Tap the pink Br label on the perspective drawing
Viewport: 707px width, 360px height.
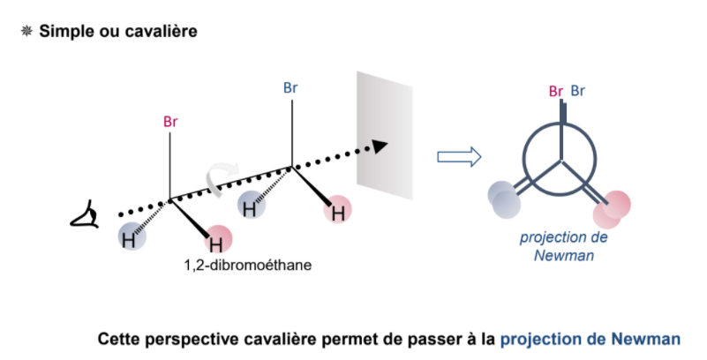click(x=170, y=121)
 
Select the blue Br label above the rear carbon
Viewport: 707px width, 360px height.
click(x=290, y=87)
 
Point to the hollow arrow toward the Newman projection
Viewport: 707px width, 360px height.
click(x=459, y=157)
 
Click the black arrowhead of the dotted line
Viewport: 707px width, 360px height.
click(x=380, y=146)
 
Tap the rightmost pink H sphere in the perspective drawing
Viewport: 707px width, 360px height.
click(x=336, y=211)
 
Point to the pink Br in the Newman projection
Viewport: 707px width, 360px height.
click(x=556, y=91)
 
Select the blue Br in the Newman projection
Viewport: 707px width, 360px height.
click(x=578, y=91)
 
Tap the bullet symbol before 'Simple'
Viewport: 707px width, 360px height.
click(x=26, y=31)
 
